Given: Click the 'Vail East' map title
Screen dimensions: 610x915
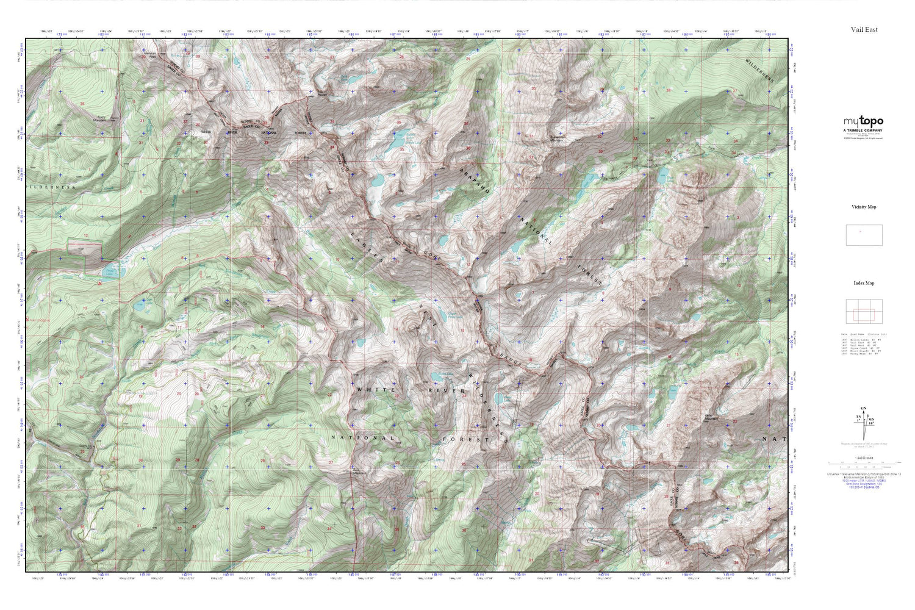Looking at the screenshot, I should [x=864, y=29].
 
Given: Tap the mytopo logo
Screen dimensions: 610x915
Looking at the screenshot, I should [x=863, y=121].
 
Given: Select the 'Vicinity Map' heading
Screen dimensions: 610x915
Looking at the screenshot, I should [x=864, y=207].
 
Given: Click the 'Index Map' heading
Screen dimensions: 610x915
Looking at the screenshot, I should [x=864, y=283].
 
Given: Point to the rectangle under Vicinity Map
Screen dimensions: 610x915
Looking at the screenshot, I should [x=864, y=235].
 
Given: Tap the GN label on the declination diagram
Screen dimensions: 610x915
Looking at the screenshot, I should [x=863, y=408].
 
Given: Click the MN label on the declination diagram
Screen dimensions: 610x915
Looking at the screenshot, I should [x=870, y=419].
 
